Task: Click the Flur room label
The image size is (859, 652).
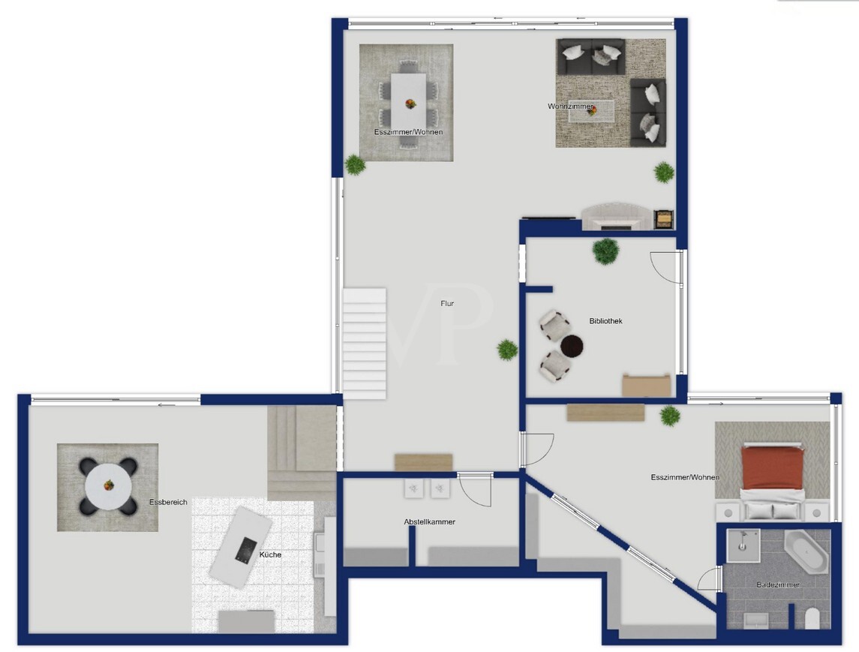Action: click(447, 304)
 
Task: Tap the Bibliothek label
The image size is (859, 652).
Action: click(606, 321)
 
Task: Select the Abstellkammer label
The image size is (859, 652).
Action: click(429, 522)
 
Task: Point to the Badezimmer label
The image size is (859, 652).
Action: click(778, 584)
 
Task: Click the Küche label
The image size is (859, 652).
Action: click(270, 554)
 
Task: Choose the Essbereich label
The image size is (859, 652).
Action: click(168, 502)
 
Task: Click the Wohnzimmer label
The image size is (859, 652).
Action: click(570, 107)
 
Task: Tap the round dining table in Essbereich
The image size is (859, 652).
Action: click(109, 485)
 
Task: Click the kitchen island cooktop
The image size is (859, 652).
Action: click(246, 549)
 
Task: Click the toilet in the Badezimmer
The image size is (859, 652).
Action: click(812, 618)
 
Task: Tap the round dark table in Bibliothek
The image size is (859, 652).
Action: click(572, 346)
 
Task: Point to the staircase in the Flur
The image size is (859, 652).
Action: click(365, 344)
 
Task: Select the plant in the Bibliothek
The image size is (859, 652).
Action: click(606, 251)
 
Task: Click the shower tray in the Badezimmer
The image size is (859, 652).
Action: click(743, 545)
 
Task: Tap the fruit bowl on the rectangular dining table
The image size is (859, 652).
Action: click(410, 104)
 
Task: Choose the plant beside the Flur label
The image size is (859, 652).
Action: click(507, 349)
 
